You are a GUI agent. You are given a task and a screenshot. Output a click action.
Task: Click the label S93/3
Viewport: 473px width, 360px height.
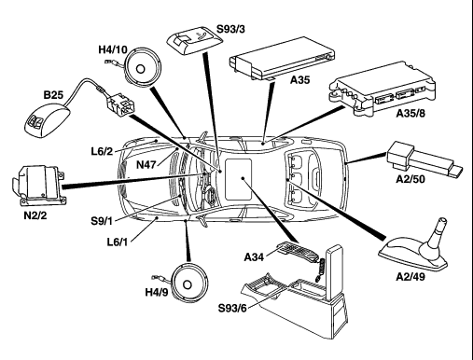point(230,29)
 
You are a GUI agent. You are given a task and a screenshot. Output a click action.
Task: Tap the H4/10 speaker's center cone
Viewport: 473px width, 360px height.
point(141,69)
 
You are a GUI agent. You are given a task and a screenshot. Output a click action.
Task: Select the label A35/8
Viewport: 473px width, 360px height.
point(410,113)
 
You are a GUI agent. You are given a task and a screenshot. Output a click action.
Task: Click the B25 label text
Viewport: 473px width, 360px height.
point(53,94)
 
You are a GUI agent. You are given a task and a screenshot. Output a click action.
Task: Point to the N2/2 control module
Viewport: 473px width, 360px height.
point(39,186)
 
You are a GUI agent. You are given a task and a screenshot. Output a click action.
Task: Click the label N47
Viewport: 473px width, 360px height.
point(146,164)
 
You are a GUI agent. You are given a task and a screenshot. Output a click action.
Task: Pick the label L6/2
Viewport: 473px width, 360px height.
point(102,151)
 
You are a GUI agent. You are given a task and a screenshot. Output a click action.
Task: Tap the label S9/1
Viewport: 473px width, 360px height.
point(102,221)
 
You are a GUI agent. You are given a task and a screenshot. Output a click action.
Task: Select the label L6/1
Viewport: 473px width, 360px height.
point(118,242)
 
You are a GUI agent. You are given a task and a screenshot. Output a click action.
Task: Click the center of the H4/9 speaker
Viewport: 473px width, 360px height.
point(188,284)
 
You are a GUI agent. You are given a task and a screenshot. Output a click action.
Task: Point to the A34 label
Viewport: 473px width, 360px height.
point(254,257)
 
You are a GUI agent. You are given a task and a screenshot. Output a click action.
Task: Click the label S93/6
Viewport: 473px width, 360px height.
point(232,308)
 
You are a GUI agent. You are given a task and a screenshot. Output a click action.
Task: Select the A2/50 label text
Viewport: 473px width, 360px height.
point(410,179)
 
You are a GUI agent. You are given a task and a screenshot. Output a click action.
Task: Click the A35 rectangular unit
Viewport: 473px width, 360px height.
point(282,59)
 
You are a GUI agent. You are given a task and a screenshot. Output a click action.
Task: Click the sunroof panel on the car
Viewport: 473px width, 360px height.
point(238,179)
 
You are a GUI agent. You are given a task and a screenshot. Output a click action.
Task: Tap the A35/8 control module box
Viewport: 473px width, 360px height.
point(383,90)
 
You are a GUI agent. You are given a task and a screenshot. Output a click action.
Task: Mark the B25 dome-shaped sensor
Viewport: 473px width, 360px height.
point(48,119)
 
